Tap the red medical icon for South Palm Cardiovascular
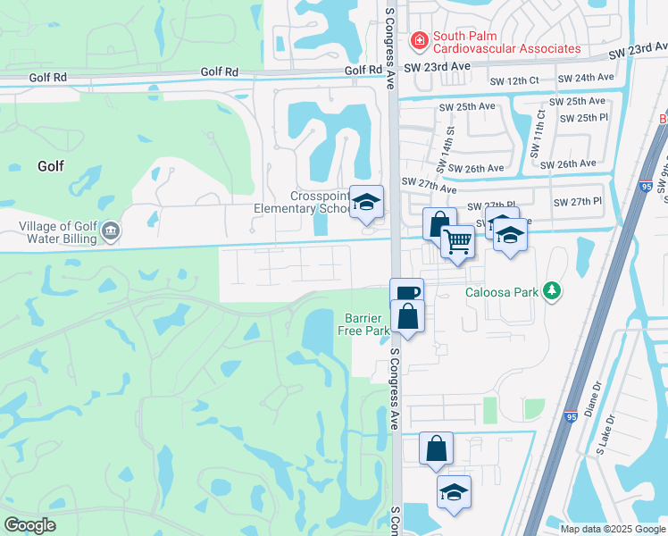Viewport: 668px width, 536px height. tap(417, 41)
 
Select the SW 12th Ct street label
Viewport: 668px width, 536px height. tap(514, 80)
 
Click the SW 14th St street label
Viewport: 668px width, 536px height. tap(445, 148)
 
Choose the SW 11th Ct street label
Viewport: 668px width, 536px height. tap(539, 135)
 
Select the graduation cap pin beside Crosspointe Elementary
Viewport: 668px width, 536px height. tap(365, 203)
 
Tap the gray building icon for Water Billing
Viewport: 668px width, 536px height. tap(111, 232)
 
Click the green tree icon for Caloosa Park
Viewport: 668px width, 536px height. tap(553, 290)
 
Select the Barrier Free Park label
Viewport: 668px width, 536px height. tap(363, 324)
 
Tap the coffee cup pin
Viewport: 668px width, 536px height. tap(406, 294)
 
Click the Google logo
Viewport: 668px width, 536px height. tap(29, 525)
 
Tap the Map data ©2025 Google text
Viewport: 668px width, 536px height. tap(612, 529)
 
